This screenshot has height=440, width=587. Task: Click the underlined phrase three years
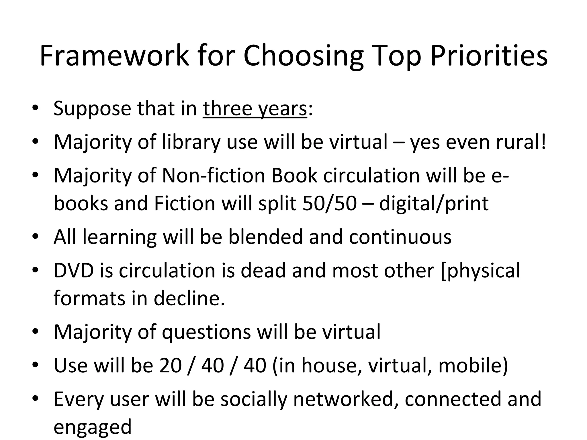tap(255, 109)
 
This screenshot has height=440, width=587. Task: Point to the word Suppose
tap(92, 109)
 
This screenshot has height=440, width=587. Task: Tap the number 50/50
tap(329, 203)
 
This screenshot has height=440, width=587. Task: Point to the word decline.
tap(189, 298)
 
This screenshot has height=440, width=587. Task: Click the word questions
tap(206, 332)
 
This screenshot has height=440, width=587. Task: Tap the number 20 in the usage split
tap(171, 365)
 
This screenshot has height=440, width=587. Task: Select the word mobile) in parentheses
tap(473, 365)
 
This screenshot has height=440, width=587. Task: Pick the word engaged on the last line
tap(92, 427)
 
